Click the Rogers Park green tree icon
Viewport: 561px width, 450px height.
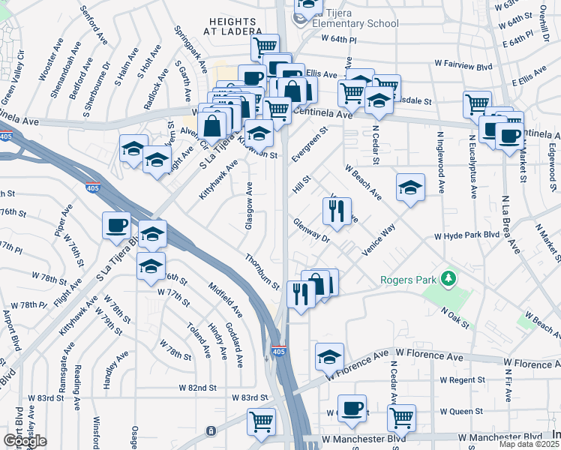click(449, 279)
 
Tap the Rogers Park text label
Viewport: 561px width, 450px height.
click(407, 280)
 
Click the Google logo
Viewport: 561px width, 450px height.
click(24, 440)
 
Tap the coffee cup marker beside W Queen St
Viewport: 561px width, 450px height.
click(352, 409)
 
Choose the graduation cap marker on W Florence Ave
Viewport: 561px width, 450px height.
click(329, 357)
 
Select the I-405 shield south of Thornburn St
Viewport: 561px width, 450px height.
click(277, 350)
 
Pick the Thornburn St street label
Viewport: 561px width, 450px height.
click(261, 271)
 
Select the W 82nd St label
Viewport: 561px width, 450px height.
click(197, 388)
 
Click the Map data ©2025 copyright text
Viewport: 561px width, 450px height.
click(522, 444)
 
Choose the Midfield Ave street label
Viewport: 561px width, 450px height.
click(225, 298)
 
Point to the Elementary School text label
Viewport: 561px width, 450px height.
click(352, 23)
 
